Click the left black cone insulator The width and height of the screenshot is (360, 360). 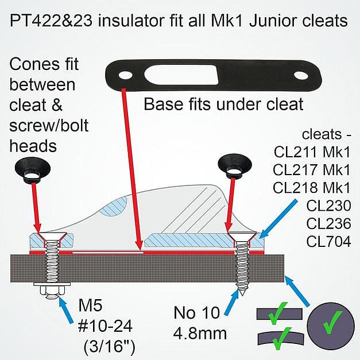[33, 169]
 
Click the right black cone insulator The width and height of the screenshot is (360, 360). [235, 164]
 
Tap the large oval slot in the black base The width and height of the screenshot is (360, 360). [181, 75]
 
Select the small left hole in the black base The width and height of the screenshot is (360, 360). [125, 75]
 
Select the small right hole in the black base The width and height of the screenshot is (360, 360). [301, 76]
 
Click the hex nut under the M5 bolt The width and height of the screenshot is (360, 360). [52, 292]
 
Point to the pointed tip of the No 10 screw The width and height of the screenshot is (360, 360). [242, 295]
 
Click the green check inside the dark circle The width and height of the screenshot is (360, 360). [332, 322]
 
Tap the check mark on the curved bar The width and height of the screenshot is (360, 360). [281, 338]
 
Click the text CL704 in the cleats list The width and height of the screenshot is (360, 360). [328, 241]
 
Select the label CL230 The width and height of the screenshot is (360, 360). [328, 206]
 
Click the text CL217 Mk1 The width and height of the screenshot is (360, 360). [312, 170]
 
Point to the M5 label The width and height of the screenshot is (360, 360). [90, 305]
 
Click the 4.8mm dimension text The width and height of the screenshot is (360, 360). [200, 333]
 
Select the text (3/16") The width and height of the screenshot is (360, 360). [109, 346]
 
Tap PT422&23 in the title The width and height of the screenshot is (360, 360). [51, 21]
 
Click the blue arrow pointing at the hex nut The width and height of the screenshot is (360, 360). [67, 311]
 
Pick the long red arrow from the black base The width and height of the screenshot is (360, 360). [132, 169]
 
